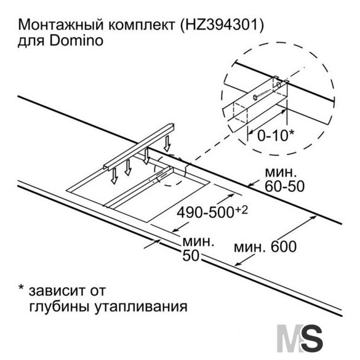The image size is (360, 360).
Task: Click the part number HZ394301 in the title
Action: [221, 25]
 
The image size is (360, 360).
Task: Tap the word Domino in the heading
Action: [76, 41]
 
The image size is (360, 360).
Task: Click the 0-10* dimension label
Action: [275, 135]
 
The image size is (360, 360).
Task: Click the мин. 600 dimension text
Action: [265, 247]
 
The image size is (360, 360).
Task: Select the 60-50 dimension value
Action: [285, 186]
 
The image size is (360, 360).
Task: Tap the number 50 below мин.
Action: [191, 255]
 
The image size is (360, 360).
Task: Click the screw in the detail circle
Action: [262, 94]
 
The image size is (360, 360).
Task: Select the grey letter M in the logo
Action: [290, 338]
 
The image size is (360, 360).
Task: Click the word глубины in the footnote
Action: [60, 307]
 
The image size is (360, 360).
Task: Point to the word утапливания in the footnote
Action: [141, 307]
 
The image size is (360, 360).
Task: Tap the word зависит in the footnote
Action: [57, 290]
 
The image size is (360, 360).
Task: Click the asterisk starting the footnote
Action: [21, 287]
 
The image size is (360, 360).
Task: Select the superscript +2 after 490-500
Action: [241, 210]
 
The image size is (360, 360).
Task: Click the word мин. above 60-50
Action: [279, 172]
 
